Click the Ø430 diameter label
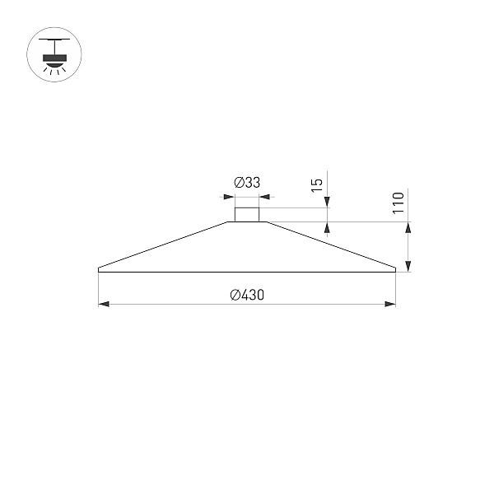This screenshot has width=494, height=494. [x=247, y=295]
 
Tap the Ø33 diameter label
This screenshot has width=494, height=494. [x=247, y=183]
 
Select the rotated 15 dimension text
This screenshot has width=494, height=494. [x=317, y=185]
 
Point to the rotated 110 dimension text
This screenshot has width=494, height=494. [x=398, y=203]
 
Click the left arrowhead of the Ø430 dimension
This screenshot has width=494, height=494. [x=104, y=304]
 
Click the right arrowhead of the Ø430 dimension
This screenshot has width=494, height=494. [x=390, y=304]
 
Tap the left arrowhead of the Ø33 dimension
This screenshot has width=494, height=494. [x=229, y=197]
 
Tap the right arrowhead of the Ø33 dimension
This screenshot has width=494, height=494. [x=264, y=197]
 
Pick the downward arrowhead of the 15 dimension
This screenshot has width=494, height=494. [x=327, y=203]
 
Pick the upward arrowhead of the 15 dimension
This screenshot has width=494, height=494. [x=327, y=227]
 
